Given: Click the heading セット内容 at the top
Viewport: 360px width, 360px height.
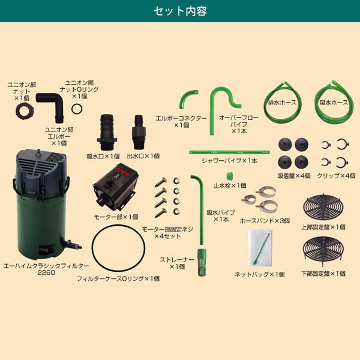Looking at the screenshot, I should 180,11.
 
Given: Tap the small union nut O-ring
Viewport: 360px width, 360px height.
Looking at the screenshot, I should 77,109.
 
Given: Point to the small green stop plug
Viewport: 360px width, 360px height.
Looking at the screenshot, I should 229,177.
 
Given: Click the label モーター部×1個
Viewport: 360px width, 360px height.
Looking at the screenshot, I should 118,217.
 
